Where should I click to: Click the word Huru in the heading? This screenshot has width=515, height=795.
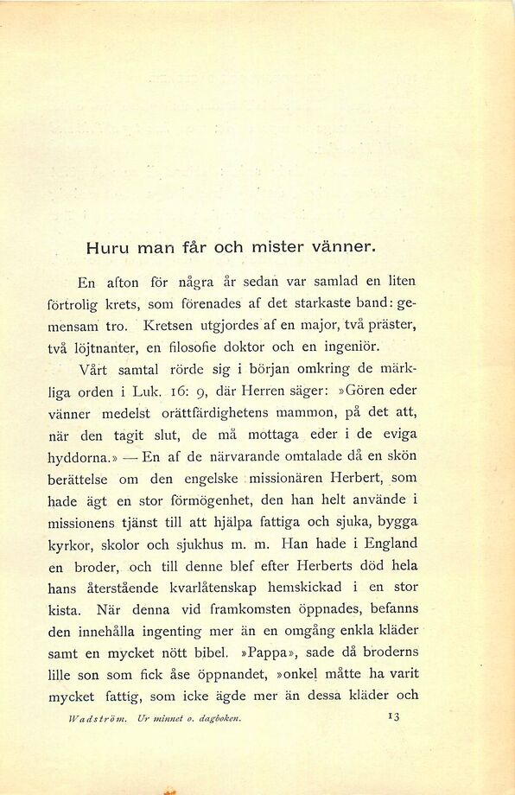click(x=105, y=247)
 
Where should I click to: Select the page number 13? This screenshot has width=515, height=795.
click(x=393, y=716)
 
